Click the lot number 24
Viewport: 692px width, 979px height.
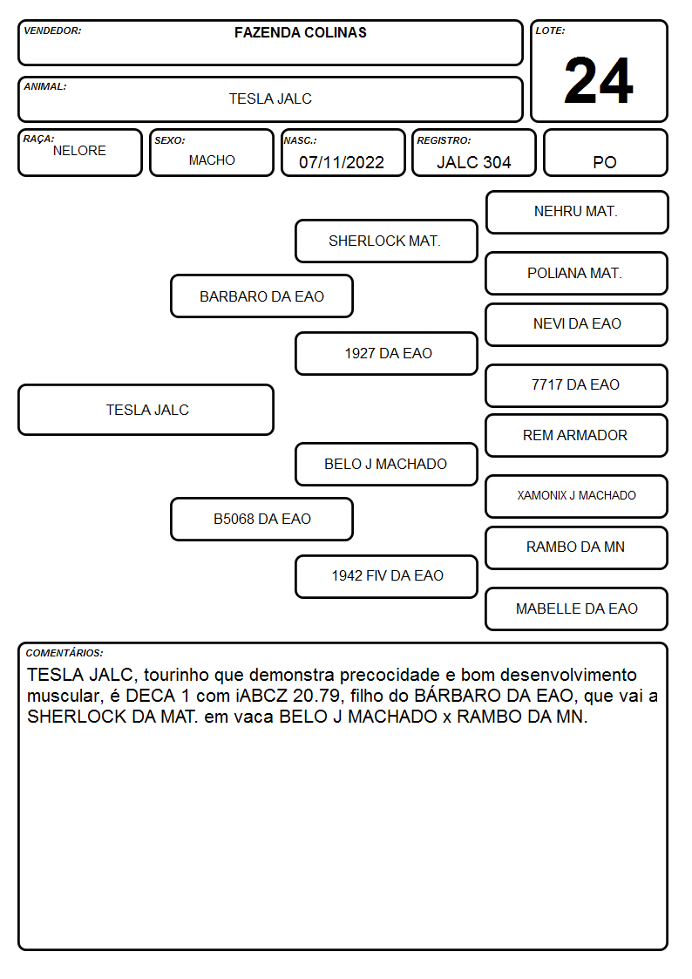pyautogui.click(x=599, y=80)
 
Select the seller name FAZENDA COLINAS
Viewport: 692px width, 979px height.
pyautogui.click(x=300, y=32)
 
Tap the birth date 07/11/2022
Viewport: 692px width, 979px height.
pyautogui.click(x=342, y=162)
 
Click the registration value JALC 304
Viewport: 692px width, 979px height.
pyautogui.click(x=473, y=162)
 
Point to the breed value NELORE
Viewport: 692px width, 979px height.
pyautogui.click(x=79, y=151)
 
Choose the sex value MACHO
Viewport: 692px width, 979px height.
pyautogui.click(x=212, y=160)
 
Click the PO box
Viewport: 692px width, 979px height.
pyautogui.click(x=605, y=153)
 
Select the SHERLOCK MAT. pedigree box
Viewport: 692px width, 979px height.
pyautogui.click(x=386, y=241)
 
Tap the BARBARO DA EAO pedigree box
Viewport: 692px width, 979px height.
pyautogui.click(x=262, y=296)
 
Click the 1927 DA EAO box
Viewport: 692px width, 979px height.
pyautogui.click(x=386, y=353)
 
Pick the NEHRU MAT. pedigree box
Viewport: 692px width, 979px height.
pyautogui.click(x=577, y=213)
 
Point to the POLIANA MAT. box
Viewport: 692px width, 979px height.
pyautogui.click(x=577, y=273)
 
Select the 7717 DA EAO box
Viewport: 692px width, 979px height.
pyautogui.click(x=577, y=385)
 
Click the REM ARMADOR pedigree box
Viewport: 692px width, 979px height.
pyautogui.click(x=577, y=435)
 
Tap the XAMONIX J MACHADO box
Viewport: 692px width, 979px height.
pyautogui.click(x=577, y=496)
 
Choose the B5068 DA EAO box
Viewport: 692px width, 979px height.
pyautogui.click(x=262, y=519)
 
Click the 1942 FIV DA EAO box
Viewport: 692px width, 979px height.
pyautogui.click(x=386, y=576)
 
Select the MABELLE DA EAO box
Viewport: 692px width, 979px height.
pyautogui.click(x=577, y=608)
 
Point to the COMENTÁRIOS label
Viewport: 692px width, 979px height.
pyautogui.click(x=64, y=653)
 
